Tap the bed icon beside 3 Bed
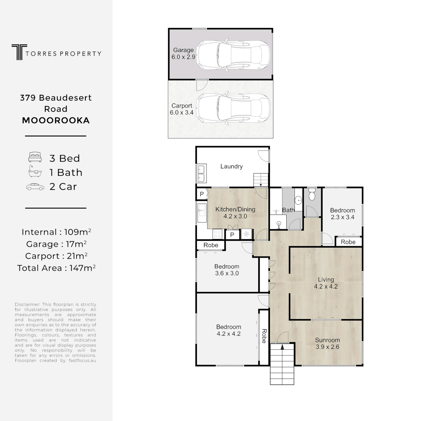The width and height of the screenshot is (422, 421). (35, 158)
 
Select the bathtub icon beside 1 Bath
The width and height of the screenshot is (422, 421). (35, 172)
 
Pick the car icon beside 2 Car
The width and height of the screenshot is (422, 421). (35, 187)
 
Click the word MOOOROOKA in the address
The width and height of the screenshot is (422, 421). (56, 120)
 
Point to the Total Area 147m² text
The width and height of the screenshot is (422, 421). (56, 268)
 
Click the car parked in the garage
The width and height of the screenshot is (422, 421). (233, 55)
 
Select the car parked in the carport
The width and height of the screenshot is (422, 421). (233, 108)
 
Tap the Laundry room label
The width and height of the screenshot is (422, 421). (231, 166)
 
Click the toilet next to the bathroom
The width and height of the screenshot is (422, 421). (312, 195)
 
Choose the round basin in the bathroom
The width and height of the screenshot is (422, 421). (298, 200)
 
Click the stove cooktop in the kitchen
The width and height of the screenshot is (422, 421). (218, 234)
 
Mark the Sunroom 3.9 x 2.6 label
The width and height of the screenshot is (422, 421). (327, 343)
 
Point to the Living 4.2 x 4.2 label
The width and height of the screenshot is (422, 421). (326, 283)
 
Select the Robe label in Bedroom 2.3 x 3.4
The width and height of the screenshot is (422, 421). (348, 242)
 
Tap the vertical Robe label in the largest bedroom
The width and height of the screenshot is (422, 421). (264, 336)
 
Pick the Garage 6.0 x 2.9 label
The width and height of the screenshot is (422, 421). (183, 53)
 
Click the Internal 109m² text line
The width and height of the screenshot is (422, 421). (56, 232)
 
